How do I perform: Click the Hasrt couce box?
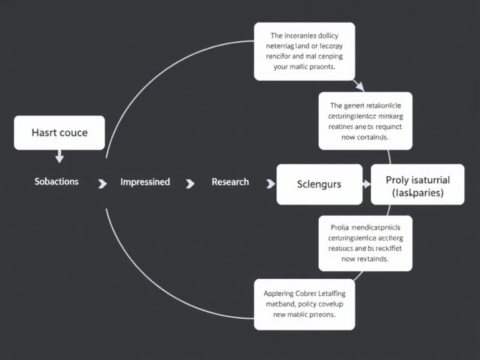(59, 132)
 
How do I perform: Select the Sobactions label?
(56, 182)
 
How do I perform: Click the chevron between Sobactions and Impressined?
(102, 183)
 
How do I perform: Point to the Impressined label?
(145, 182)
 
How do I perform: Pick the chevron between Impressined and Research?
(190, 183)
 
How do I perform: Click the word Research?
(230, 182)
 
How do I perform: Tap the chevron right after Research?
(271, 183)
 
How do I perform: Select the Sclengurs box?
(319, 184)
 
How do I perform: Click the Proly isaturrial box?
(417, 184)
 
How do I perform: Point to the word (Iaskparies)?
(417, 193)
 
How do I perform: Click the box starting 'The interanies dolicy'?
(304, 51)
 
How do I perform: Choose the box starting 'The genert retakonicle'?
(366, 121)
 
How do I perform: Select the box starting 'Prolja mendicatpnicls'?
(366, 242)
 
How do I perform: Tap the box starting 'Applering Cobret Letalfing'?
(304, 304)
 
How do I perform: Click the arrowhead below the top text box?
(358, 86)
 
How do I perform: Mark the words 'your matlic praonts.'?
(304, 67)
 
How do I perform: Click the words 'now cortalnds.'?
(366, 136)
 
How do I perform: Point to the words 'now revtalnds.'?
(366, 258)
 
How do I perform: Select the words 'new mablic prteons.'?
(304, 314)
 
